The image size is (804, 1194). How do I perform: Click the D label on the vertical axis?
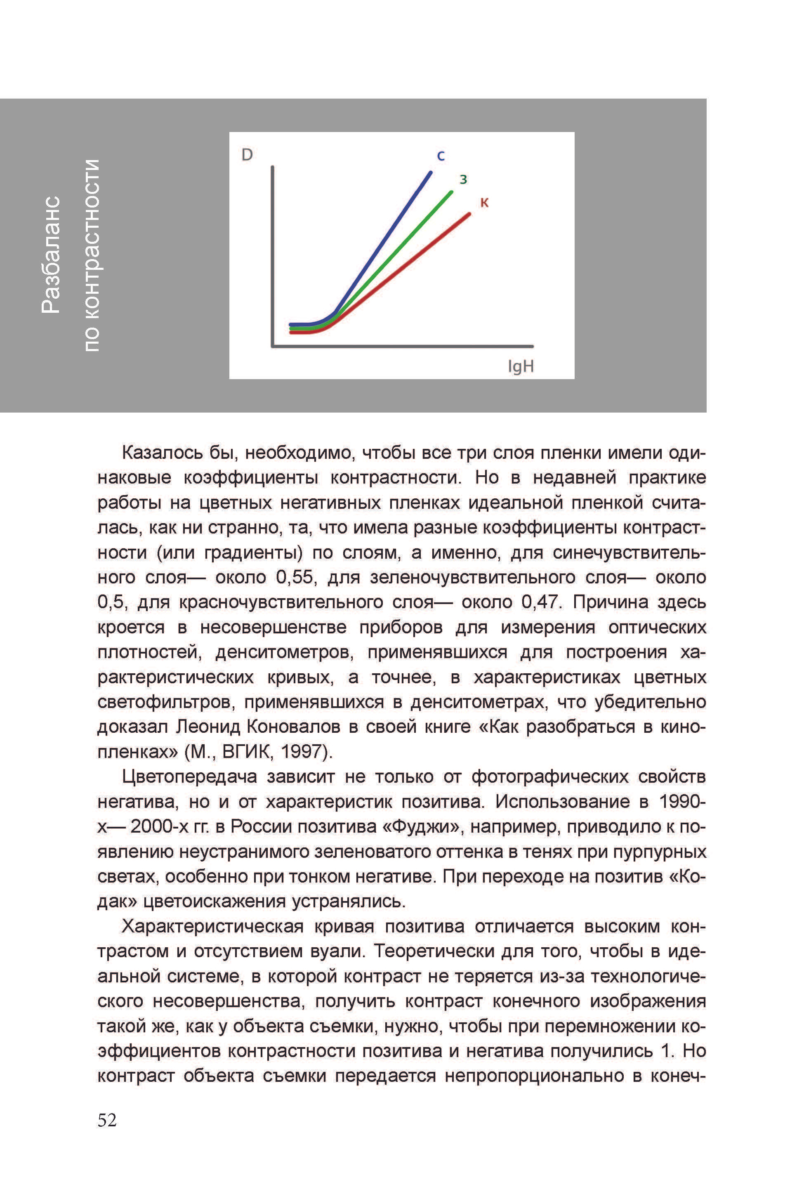click(x=247, y=154)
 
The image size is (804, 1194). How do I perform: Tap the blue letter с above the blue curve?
click(x=441, y=156)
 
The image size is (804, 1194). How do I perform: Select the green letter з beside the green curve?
click(x=463, y=179)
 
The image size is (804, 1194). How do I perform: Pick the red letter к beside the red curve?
click(x=484, y=203)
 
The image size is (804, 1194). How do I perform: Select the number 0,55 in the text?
click(x=294, y=577)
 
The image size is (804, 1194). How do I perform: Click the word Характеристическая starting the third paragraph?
click(x=212, y=926)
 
